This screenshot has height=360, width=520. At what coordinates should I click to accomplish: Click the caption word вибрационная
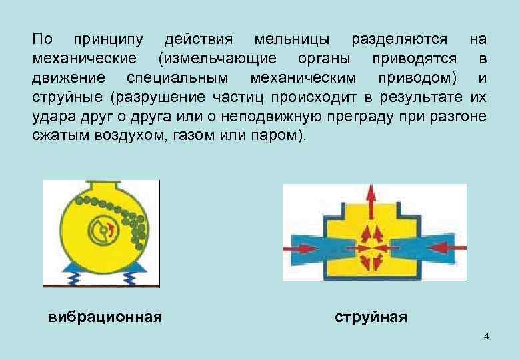(105, 316)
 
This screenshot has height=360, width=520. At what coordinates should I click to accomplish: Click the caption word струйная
(370, 316)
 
